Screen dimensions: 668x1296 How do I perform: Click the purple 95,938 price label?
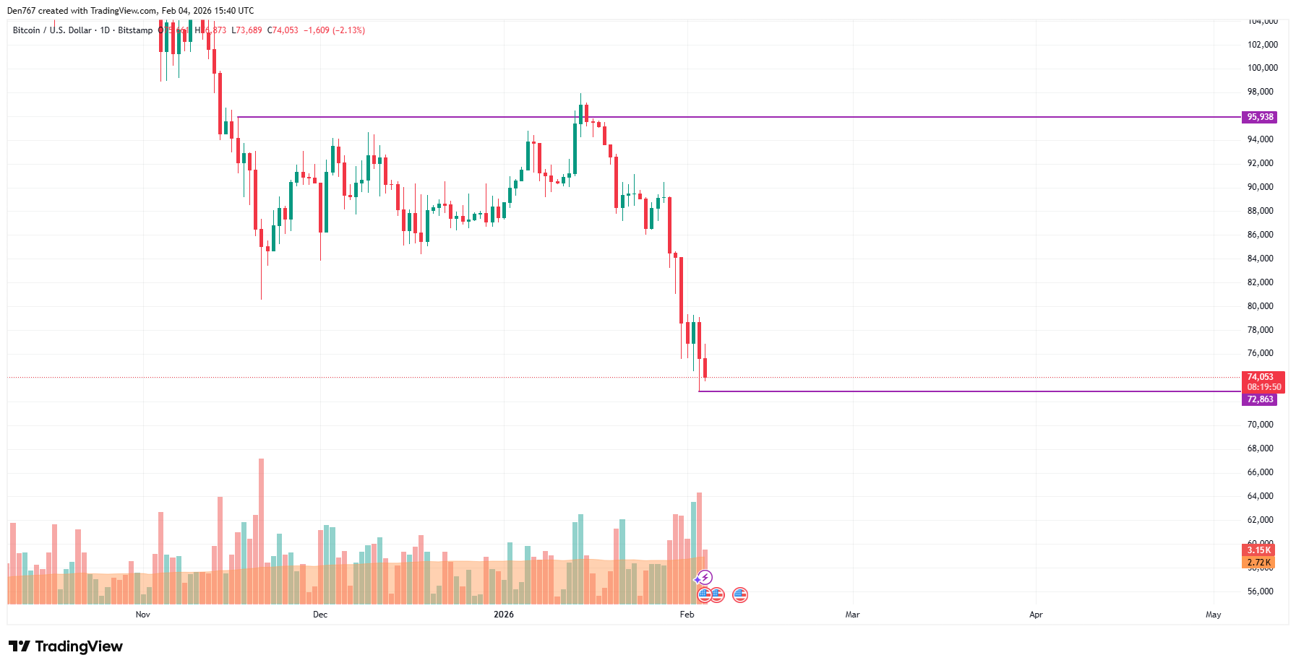(1260, 117)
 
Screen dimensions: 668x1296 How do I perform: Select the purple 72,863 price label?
(1260, 399)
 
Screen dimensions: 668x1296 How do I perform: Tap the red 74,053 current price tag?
(1262, 377)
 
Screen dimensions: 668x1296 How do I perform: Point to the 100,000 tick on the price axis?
(1262, 68)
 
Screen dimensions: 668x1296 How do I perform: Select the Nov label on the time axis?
(143, 615)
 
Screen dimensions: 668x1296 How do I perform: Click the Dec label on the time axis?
(320, 615)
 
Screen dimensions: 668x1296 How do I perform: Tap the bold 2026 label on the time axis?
(504, 615)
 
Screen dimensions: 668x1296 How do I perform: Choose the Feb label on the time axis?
(687, 615)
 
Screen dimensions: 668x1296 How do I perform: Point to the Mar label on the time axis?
(853, 615)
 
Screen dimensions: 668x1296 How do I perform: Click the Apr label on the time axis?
(1036, 615)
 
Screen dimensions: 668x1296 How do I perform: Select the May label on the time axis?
(1213, 615)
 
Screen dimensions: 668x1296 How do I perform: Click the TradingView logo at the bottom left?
(66, 646)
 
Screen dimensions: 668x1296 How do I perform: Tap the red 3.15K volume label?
(1258, 550)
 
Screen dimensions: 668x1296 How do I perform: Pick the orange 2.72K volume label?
(1258, 563)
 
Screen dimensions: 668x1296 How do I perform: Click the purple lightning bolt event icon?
(705, 578)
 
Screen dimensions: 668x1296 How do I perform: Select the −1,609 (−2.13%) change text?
(334, 30)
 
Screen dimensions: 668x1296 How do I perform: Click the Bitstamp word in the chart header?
(135, 30)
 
